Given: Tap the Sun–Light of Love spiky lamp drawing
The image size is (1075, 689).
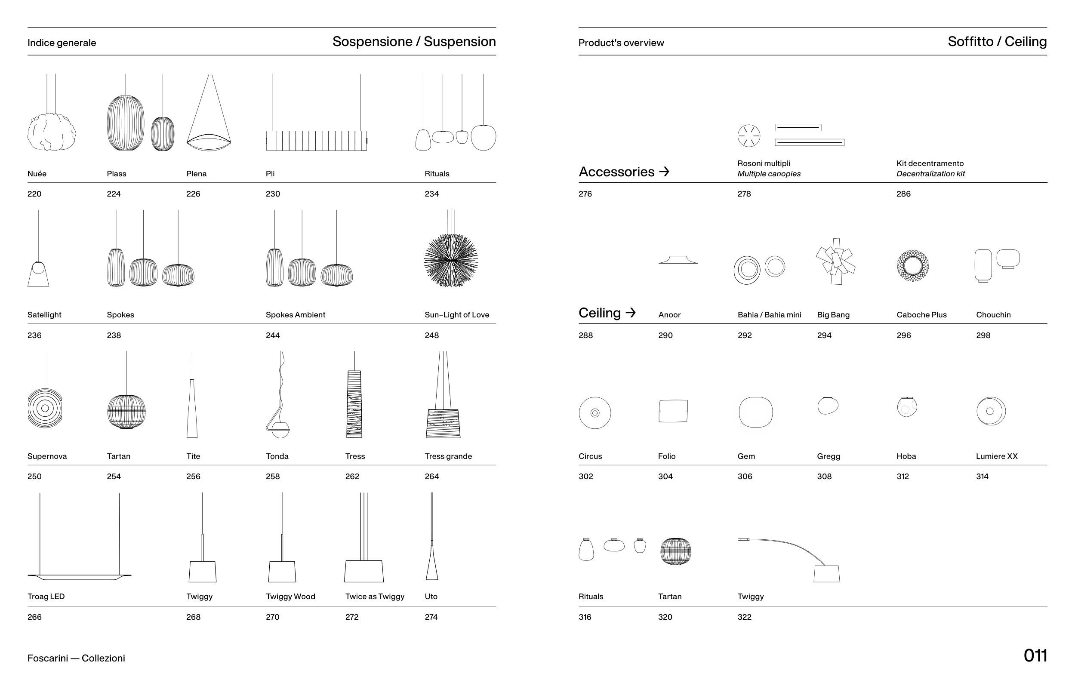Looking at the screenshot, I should click(451, 260).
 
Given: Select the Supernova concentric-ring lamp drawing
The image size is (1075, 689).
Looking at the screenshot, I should click(45, 408).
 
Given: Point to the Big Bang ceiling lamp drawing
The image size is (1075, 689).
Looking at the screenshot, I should click(835, 262).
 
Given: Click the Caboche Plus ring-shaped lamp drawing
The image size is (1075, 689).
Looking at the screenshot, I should click(912, 265).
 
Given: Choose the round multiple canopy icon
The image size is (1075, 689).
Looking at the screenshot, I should click(748, 135).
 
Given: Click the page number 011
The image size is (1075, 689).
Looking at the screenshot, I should click(1035, 656).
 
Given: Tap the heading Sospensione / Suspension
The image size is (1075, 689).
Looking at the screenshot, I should click(414, 42).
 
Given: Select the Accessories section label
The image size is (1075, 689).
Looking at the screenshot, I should click(616, 172).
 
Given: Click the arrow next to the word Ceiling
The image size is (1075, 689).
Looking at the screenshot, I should click(630, 312).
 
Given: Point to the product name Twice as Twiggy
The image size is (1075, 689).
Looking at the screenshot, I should click(374, 597).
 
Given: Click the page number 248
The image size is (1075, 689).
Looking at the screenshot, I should click(432, 335).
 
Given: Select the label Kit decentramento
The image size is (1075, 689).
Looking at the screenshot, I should click(930, 163).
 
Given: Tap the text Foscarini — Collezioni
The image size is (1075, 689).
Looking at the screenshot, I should click(76, 658).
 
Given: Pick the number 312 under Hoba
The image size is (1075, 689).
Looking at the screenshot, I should click(903, 477).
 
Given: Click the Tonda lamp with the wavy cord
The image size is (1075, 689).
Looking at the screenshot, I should click(279, 403).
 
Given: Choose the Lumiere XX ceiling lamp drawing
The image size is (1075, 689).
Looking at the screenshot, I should click(990, 411).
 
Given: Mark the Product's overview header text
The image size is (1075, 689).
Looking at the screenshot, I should click(621, 43).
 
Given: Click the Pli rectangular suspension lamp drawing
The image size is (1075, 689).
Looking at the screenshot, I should click(316, 140).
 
